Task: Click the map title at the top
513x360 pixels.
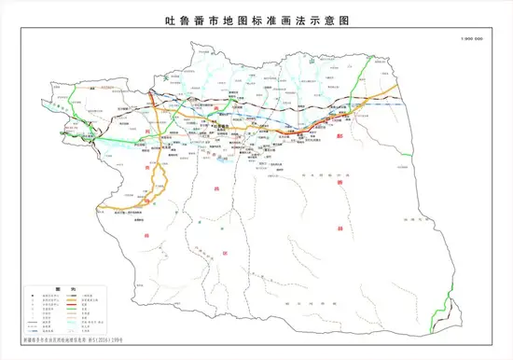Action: [256, 17]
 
